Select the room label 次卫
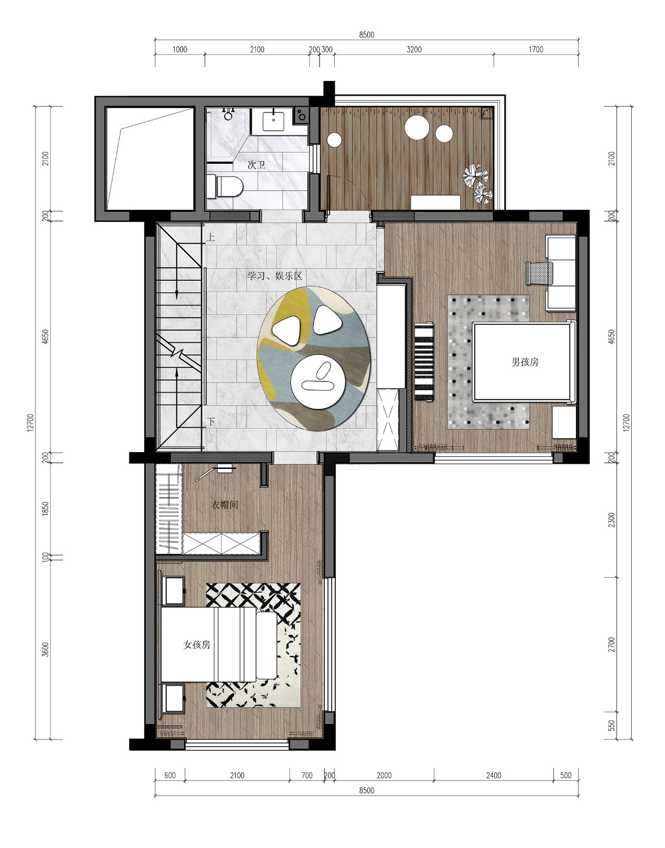[256, 165]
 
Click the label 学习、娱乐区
[274, 276]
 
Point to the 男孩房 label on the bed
[525, 362]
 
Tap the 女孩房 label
[197, 644]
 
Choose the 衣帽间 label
[224, 505]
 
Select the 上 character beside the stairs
[210, 237]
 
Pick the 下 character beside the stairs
[211, 422]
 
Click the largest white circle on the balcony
[416, 128]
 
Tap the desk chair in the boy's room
[539, 273]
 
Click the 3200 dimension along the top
[414, 50]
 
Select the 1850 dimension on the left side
[46, 509]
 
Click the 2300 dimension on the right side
[611, 520]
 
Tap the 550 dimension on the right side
[611, 725]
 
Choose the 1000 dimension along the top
[180, 50]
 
